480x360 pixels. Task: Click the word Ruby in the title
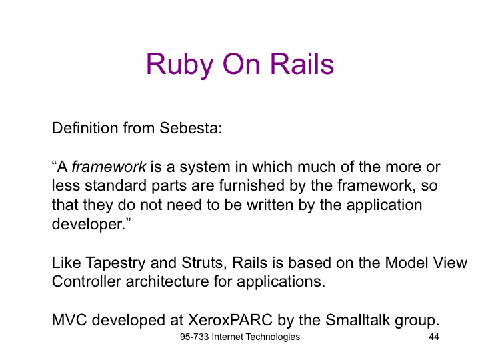coord(179,64)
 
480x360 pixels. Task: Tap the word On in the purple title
coord(241,64)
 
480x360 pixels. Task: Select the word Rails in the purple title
coord(301,64)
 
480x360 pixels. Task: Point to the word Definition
coord(85,127)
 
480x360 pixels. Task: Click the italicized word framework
coord(109,167)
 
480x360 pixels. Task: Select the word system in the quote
coord(205,167)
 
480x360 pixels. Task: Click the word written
coord(270,205)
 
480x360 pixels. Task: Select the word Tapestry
coord(115,263)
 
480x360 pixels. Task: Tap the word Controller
coord(86,281)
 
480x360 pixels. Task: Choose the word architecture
coord(167,281)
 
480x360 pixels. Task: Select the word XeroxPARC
coord(230,320)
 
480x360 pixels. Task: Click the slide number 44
coord(434,337)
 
